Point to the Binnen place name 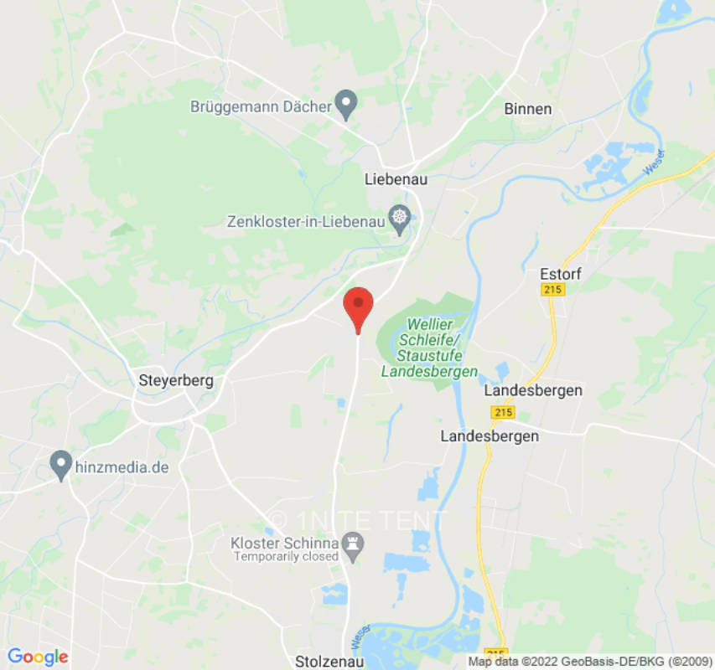click(x=528, y=109)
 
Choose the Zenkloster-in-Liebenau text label click(x=306, y=222)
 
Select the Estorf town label click(x=561, y=274)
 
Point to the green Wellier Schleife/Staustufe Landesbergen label click(x=429, y=348)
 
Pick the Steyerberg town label click(x=176, y=380)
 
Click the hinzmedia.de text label click(x=123, y=467)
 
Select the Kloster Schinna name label click(x=284, y=544)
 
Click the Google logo click(x=38, y=657)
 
